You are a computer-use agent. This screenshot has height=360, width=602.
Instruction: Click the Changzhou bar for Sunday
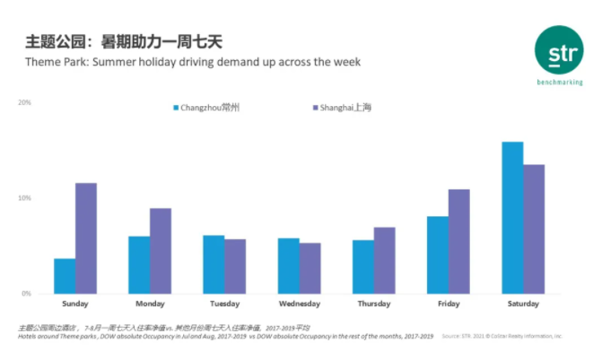click(x=65, y=276)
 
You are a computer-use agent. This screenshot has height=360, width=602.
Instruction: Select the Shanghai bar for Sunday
click(x=86, y=238)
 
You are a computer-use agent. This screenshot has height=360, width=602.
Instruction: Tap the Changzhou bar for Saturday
click(x=512, y=217)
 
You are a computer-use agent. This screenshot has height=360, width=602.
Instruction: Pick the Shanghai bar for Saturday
click(x=534, y=229)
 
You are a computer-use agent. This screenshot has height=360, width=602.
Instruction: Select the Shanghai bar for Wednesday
click(x=310, y=268)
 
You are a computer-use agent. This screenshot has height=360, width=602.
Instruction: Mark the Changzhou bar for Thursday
click(x=363, y=267)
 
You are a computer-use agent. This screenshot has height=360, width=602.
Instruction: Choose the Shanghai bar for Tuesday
click(x=235, y=266)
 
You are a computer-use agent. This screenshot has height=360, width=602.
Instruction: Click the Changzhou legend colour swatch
click(x=176, y=108)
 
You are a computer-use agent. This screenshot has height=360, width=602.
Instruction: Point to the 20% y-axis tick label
click(x=24, y=102)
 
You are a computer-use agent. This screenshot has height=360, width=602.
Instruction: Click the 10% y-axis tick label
click(x=24, y=198)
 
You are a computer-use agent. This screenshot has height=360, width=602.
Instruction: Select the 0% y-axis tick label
click(x=26, y=294)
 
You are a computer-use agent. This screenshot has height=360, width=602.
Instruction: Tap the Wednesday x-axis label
click(x=299, y=303)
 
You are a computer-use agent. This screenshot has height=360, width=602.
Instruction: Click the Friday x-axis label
click(x=449, y=303)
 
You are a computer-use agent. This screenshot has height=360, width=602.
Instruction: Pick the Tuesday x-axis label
click(x=224, y=303)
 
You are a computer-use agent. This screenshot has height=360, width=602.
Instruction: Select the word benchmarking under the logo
click(x=559, y=82)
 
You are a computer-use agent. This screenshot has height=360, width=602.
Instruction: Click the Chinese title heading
click(x=123, y=41)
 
